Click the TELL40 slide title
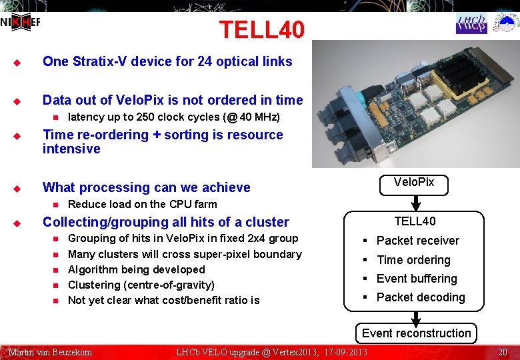tap(261, 29)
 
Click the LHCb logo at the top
tap(471, 23)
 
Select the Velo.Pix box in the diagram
tap(413, 183)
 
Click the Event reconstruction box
tap(416, 333)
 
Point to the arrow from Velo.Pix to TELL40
tap(414, 202)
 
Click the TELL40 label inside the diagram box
tap(415, 221)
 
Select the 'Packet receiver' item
tap(417, 241)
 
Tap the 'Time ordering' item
tap(413, 260)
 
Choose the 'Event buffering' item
tap(417, 279)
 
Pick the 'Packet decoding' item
tap(420, 297)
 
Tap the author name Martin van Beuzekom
tap(50, 352)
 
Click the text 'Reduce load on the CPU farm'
tap(143, 204)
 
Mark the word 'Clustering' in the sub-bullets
tap(94, 285)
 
